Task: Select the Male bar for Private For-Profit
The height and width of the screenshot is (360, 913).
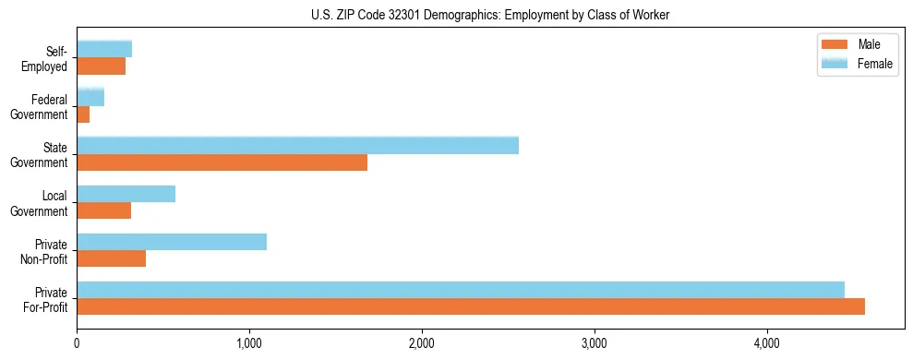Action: pos(471,306)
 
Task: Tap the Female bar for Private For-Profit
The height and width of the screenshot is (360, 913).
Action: pos(461,290)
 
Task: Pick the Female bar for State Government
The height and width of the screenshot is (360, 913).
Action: pos(297,146)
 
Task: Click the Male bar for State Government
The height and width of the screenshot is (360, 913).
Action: pos(222,162)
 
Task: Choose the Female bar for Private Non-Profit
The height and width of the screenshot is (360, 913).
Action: pos(172,242)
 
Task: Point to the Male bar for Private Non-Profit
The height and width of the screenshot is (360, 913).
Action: pos(111,258)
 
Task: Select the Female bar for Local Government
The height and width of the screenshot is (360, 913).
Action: pos(126,194)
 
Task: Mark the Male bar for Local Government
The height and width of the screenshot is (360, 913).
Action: pos(103,210)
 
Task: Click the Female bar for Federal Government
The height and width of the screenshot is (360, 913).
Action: pos(90,97)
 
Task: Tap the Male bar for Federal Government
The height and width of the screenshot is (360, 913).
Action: pos(83,114)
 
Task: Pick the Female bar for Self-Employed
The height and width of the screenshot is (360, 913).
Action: pos(104,49)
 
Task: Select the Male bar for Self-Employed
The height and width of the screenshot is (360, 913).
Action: pos(101,66)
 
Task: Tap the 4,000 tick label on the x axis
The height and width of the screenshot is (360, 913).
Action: pos(766,343)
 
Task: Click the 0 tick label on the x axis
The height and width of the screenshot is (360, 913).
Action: pos(77,343)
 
